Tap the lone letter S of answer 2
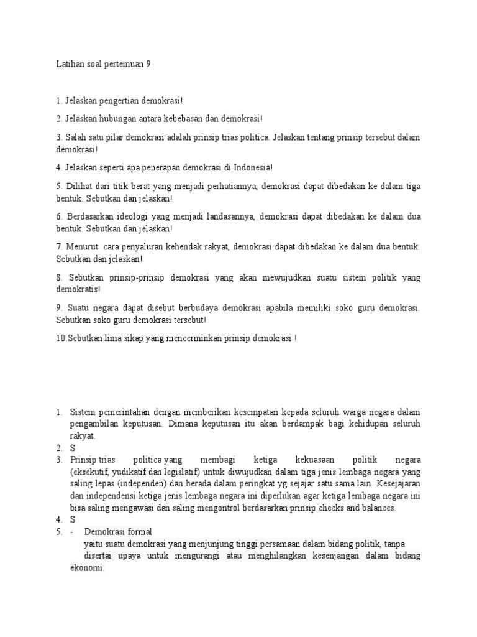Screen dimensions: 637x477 pos(73,448)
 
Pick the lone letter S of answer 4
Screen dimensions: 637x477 pos(73,519)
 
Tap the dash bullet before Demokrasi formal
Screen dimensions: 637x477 pos(72,531)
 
